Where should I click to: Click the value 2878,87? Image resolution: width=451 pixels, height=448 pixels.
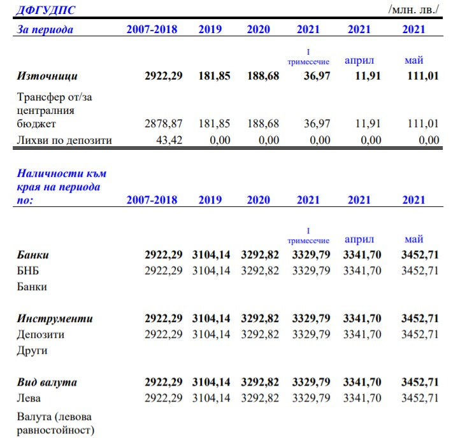[x=164, y=123]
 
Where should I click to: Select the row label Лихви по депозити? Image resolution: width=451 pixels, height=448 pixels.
[x=64, y=140]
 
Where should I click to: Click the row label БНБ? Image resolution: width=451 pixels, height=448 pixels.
[x=28, y=270]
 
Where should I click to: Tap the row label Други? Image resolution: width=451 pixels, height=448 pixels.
[x=32, y=350]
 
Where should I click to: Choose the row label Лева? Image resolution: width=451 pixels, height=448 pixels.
[x=29, y=398]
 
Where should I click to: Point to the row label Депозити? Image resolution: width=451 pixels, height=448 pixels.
[x=40, y=334]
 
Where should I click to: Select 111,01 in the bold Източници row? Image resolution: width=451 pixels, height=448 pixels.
[x=423, y=76]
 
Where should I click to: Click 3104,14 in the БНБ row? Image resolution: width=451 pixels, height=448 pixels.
[x=211, y=270]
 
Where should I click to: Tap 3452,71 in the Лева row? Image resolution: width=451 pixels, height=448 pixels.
[x=420, y=398]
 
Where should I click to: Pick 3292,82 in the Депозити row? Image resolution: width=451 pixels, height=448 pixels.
[x=260, y=334]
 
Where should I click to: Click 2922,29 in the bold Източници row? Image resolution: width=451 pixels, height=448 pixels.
[x=164, y=76]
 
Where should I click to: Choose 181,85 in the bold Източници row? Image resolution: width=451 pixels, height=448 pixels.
[x=215, y=76]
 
